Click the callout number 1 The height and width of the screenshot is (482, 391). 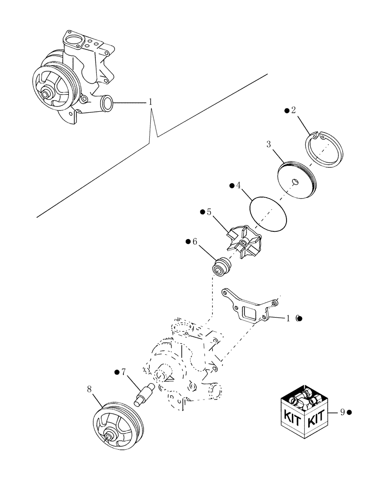click(x=150, y=102)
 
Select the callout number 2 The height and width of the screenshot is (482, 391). click(x=294, y=110)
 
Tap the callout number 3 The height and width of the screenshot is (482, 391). click(x=269, y=144)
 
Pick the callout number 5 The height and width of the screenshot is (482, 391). click(x=209, y=212)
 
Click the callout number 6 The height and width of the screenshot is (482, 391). click(x=195, y=242)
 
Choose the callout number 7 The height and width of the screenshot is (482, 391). click(x=123, y=372)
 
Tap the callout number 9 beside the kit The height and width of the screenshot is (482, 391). click(x=342, y=412)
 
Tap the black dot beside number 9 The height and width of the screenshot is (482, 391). click(x=349, y=412)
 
